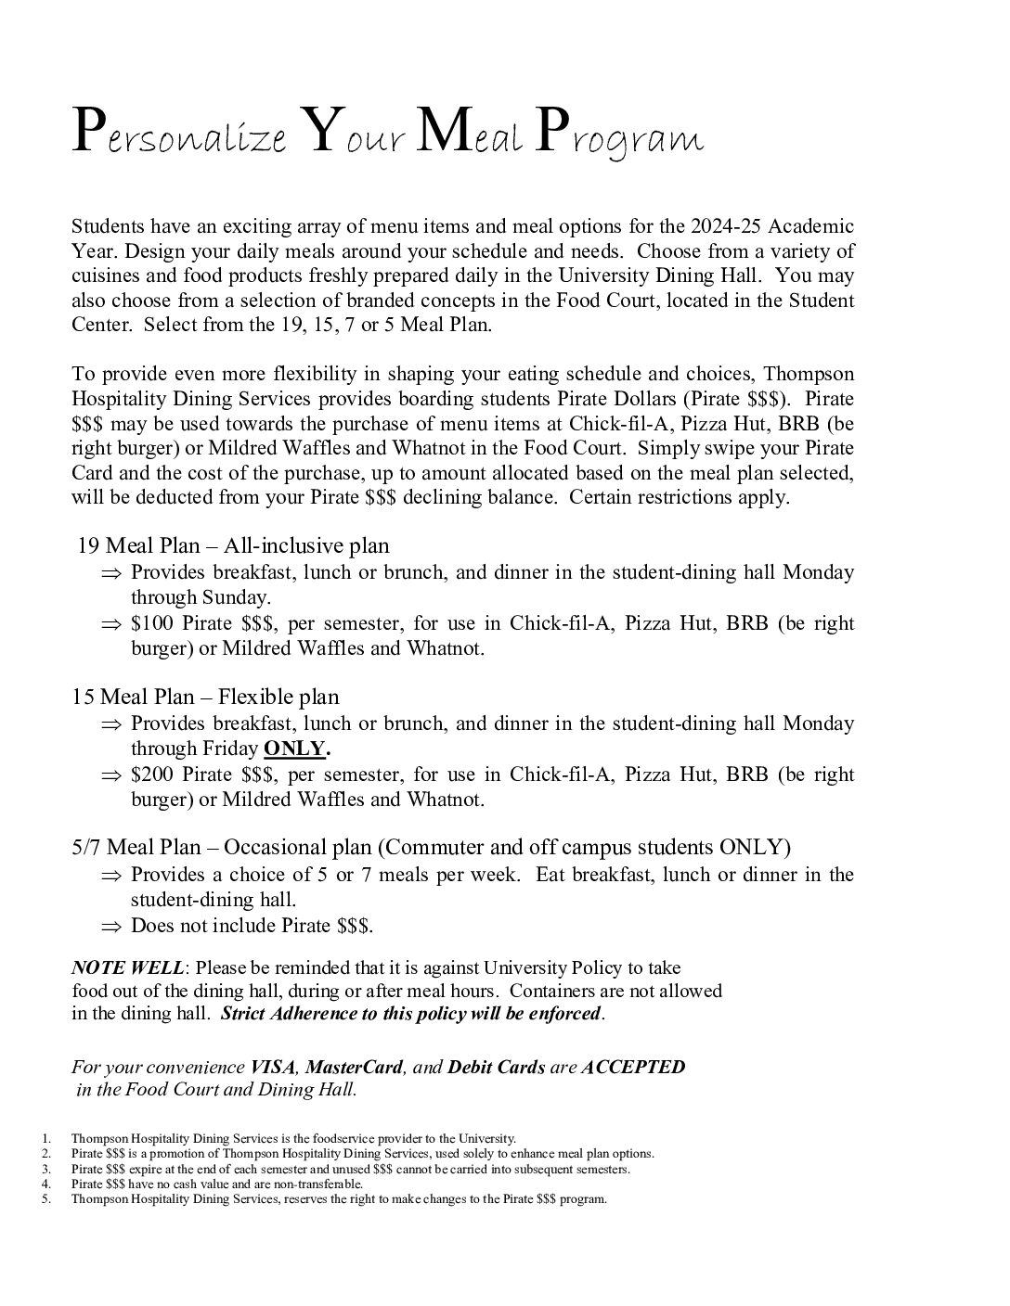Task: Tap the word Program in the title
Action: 620,136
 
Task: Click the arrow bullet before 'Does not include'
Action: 111,927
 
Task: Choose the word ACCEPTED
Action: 633,1067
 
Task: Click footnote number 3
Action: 45,1169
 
